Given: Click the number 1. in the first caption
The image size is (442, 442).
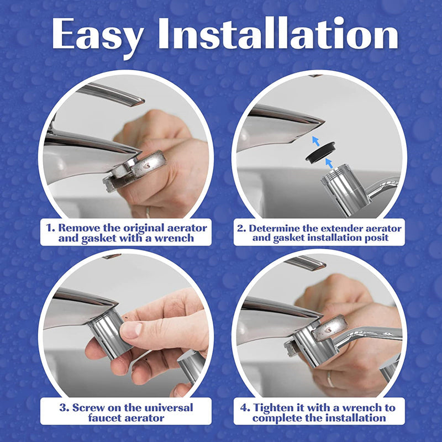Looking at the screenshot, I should pyautogui.click(x=50, y=228).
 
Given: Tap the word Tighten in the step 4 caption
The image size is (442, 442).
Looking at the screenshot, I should pyautogui.click(x=275, y=408).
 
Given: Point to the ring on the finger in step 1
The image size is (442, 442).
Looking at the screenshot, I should pyautogui.click(x=148, y=211).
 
